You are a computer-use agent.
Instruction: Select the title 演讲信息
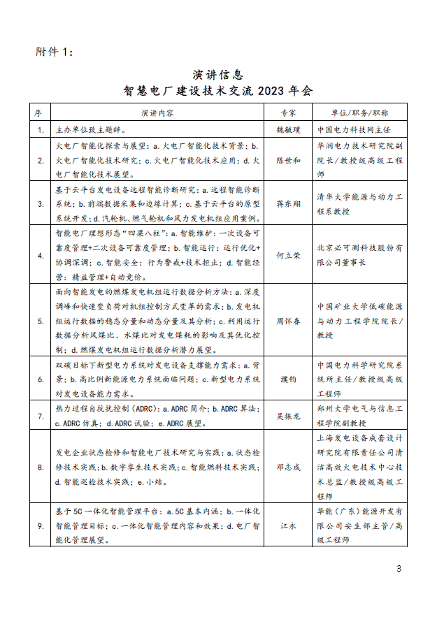[x=218, y=75]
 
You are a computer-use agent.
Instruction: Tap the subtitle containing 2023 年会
[x=218, y=91]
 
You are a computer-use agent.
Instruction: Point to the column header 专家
[x=288, y=112]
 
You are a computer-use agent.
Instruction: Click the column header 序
[x=40, y=112]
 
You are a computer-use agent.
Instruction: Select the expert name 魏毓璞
[x=288, y=130]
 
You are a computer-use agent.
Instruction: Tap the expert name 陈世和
[x=288, y=160]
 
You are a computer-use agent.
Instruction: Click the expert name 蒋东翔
[x=288, y=203]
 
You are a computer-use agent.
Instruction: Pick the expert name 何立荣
[x=288, y=255]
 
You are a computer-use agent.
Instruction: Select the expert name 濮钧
[x=288, y=379]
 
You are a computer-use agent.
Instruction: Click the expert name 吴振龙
[x=288, y=416]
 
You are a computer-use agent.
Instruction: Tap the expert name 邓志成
[x=288, y=467]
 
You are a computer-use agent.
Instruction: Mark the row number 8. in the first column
[x=41, y=467]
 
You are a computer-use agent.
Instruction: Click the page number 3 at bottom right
[x=399, y=568]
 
